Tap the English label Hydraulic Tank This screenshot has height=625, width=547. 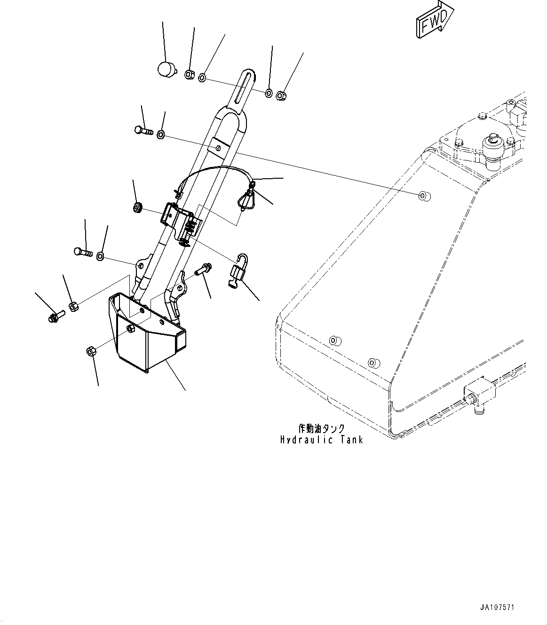click(322, 440)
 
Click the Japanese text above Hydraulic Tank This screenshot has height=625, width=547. click(322, 428)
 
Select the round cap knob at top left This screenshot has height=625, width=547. click(165, 70)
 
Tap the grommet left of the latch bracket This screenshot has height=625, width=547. click(138, 207)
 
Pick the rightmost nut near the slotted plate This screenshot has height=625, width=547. click(281, 95)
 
